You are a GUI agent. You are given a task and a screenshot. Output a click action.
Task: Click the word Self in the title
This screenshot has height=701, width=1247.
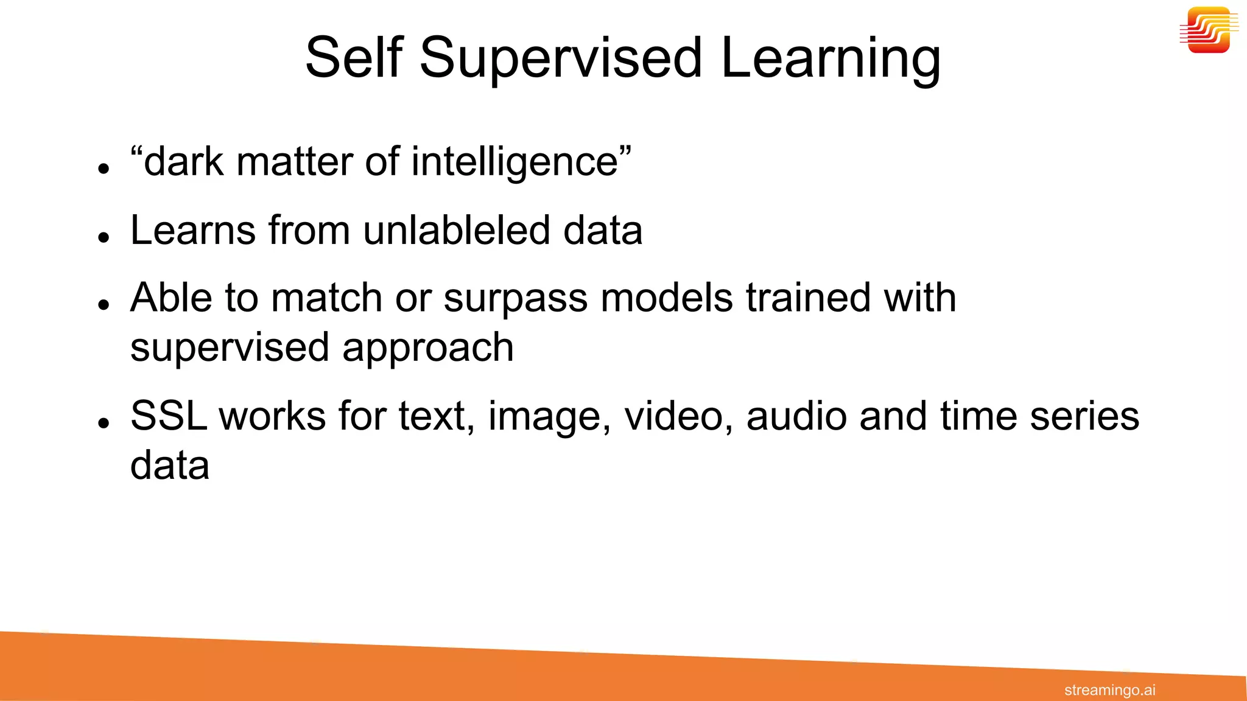pyautogui.click(x=354, y=58)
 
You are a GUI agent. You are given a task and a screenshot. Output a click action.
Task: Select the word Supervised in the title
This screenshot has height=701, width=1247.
pyautogui.click(x=561, y=58)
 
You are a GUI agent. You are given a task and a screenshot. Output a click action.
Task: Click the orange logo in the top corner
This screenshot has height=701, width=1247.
pyautogui.click(x=1209, y=30)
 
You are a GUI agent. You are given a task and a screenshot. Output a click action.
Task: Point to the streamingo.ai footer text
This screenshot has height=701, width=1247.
pyautogui.click(x=1109, y=690)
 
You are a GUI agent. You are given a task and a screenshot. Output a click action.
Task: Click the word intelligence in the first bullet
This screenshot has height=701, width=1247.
pyautogui.click(x=515, y=162)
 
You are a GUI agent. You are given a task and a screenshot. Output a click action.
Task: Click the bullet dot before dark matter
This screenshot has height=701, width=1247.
pyautogui.click(x=104, y=169)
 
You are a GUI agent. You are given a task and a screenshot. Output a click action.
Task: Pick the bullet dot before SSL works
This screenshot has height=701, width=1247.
pyautogui.click(x=104, y=422)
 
